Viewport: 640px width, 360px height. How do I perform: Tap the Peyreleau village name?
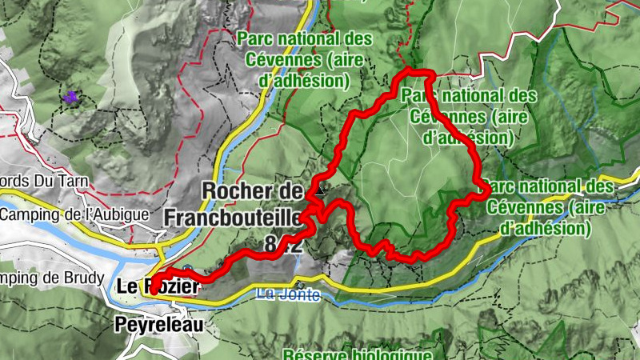tap(158, 326)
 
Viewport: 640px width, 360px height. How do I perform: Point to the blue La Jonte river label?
tap(289, 295)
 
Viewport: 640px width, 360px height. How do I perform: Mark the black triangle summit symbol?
tap(321, 191)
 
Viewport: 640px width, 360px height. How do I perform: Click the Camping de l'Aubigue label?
tap(74, 214)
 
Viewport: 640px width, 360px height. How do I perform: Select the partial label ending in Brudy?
tap(52, 278)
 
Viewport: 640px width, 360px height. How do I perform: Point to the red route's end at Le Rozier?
tap(151, 293)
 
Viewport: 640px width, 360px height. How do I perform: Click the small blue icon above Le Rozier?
tap(187, 269)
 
